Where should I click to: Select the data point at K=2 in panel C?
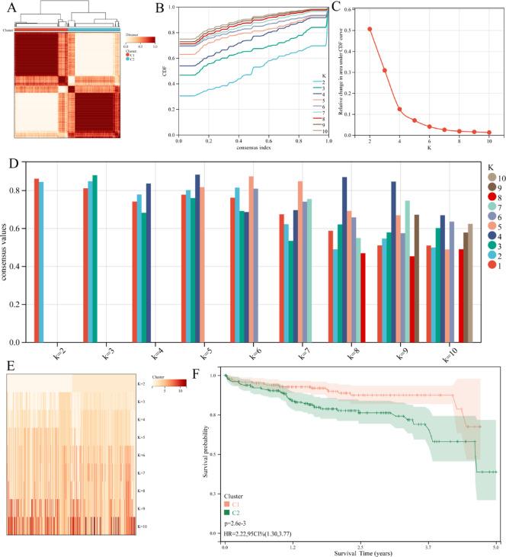click(370, 30)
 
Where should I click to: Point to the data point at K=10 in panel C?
click(489, 133)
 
